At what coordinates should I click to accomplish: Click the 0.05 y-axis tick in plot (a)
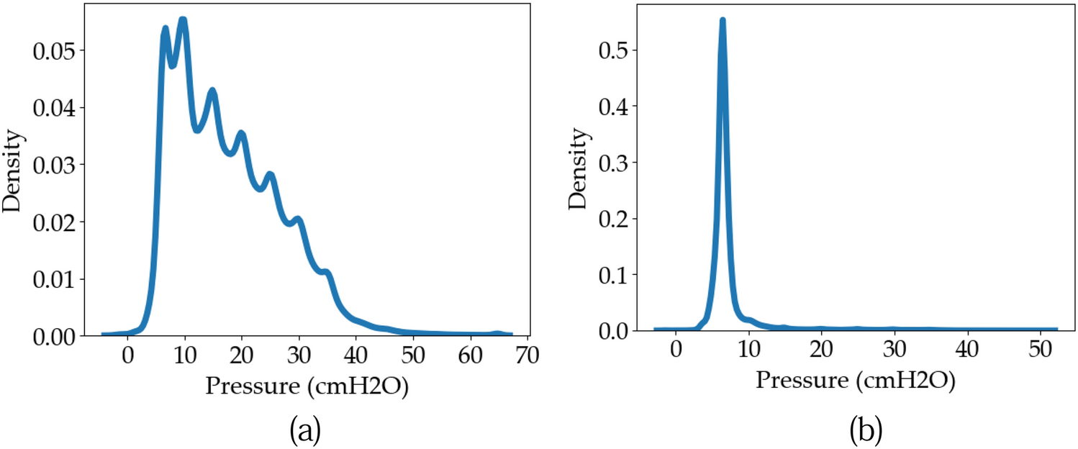click(58, 50)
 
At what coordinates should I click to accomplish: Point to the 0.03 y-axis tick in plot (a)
click(58, 165)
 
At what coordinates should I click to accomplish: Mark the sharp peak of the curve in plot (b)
click(723, 21)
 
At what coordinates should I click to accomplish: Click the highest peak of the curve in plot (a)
click(183, 19)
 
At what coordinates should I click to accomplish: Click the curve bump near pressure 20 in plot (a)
click(241, 133)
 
